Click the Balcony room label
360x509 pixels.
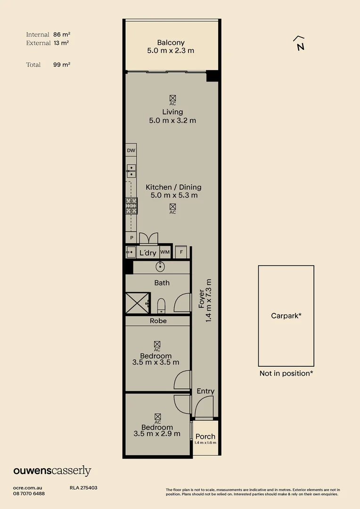[171, 43]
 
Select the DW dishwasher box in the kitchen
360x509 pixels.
[131, 151]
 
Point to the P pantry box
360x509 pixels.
[131, 238]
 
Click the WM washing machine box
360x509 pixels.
[164, 253]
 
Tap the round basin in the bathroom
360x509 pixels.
[161, 267]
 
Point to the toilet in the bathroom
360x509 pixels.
[161, 305]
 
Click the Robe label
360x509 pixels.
[158, 321]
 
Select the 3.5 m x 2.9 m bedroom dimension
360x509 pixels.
[157, 434]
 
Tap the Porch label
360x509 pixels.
[205, 436]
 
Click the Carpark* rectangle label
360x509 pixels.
[286, 316]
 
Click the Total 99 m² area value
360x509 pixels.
[62, 65]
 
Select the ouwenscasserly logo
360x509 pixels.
[52, 471]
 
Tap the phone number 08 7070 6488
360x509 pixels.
[29, 493]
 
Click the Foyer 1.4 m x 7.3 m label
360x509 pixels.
[205, 305]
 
